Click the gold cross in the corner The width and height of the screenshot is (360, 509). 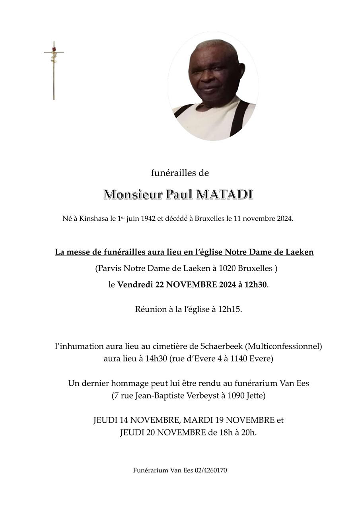[x=54, y=72]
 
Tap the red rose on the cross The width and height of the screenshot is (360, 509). [x=54, y=49]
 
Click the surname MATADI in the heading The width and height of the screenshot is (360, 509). [x=225, y=195]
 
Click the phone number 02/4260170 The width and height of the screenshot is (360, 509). [x=211, y=470]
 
